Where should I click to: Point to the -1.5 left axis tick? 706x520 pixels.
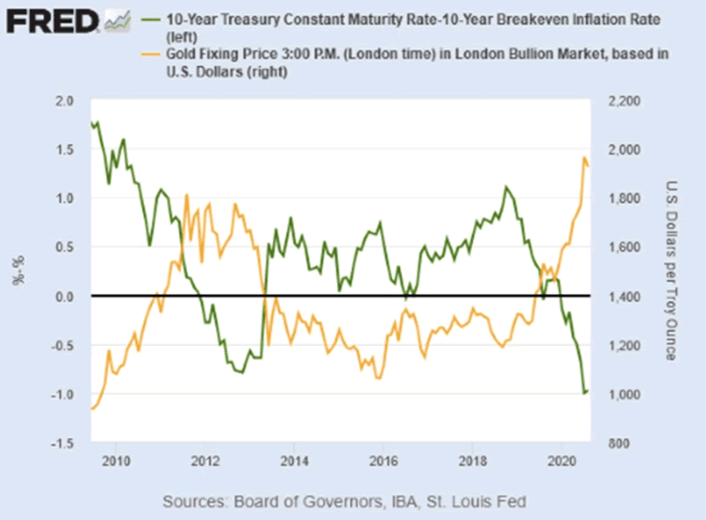click(64, 443)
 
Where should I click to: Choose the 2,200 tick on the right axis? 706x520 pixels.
click(621, 101)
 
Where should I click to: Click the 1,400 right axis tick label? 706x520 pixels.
click(621, 297)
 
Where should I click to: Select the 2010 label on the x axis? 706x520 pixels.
click(115, 461)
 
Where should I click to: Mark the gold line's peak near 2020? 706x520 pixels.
click(583, 158)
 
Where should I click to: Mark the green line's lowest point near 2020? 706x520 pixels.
click(583, 393)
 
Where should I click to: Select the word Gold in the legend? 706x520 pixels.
click(182, 54)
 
